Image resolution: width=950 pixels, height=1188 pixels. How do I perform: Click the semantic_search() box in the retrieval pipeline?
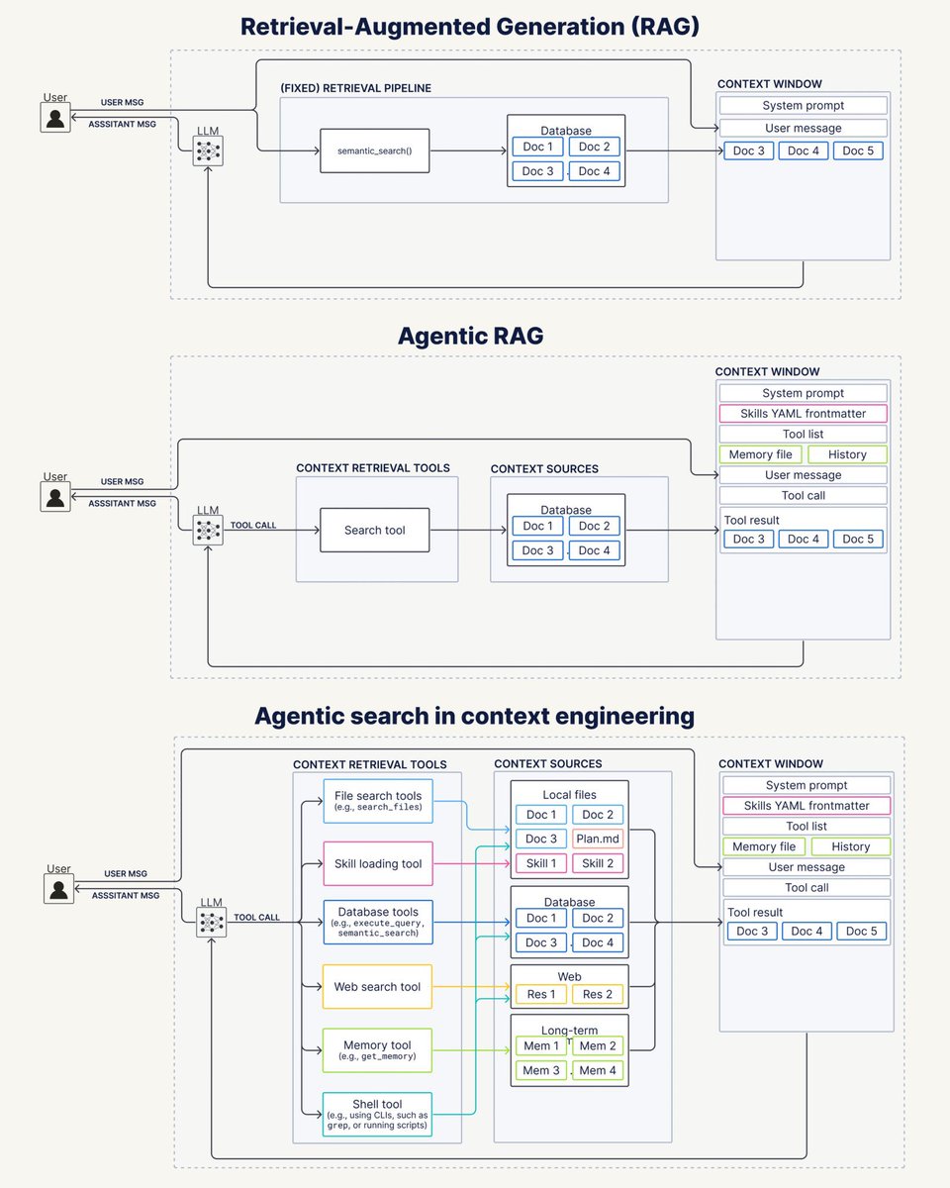pyautogui.click(x=374, y=150)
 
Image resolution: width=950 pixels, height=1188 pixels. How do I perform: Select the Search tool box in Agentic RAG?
pyautogui.click(x=374, y=530)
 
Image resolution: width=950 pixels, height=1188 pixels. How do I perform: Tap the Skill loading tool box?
pyautogui.click(x=378, y=863)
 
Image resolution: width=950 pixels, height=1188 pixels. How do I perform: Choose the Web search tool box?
pyautogui.click(x=377, y=986)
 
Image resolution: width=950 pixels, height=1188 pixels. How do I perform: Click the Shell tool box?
pyautogui.click(x=377, y=1114)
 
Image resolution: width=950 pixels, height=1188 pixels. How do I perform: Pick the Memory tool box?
pyautogui.click(x=377, y=1050)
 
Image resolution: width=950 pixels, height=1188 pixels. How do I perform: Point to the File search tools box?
pyautogui.click(x=378, y=801)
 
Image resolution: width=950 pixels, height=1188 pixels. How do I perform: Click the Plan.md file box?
pyautogui.click(x=598, y=839)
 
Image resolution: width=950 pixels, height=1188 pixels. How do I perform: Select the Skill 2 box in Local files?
pyautogui.click(x=598, y=863)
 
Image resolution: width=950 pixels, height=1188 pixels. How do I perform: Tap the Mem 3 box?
pyautogui.click(x=541, y=1070)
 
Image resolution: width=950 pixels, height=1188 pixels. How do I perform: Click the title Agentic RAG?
pyautogui.click(x=471, y=336)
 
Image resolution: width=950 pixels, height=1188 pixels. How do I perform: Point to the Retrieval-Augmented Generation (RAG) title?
pyautogui.click(x=470, y=27)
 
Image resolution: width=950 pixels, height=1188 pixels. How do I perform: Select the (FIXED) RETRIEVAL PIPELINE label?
pyautogui.click(x=356, y=88)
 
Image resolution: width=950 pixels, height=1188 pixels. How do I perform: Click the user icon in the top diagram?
pyautogui.click(x=55, y=118)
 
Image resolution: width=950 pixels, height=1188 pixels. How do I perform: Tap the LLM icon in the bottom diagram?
pyautogui.click(x=212, y=923)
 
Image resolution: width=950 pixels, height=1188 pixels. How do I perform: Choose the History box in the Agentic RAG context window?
pyautogui.click(x=847, y=454)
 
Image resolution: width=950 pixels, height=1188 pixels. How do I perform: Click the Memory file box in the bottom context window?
pyautogui.click(x=764, y=846)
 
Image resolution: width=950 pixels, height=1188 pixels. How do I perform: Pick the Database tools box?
pyautogui.click(x=378, y=922)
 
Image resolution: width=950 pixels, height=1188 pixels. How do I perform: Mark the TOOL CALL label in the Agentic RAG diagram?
pyautogui.click(x=253, y=525)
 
